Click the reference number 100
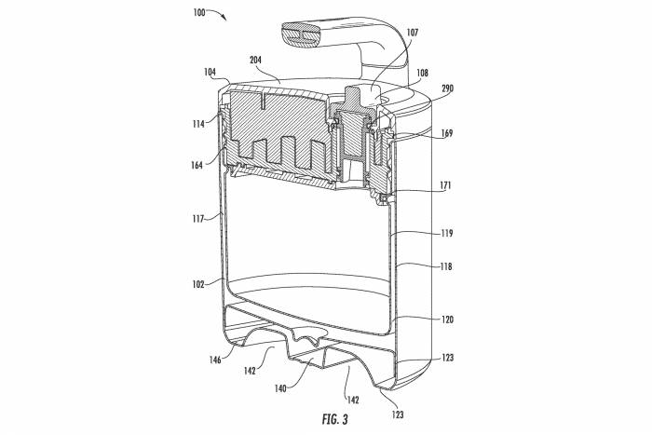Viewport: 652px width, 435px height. point(199,11)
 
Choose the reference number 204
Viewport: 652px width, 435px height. point(257,58)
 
